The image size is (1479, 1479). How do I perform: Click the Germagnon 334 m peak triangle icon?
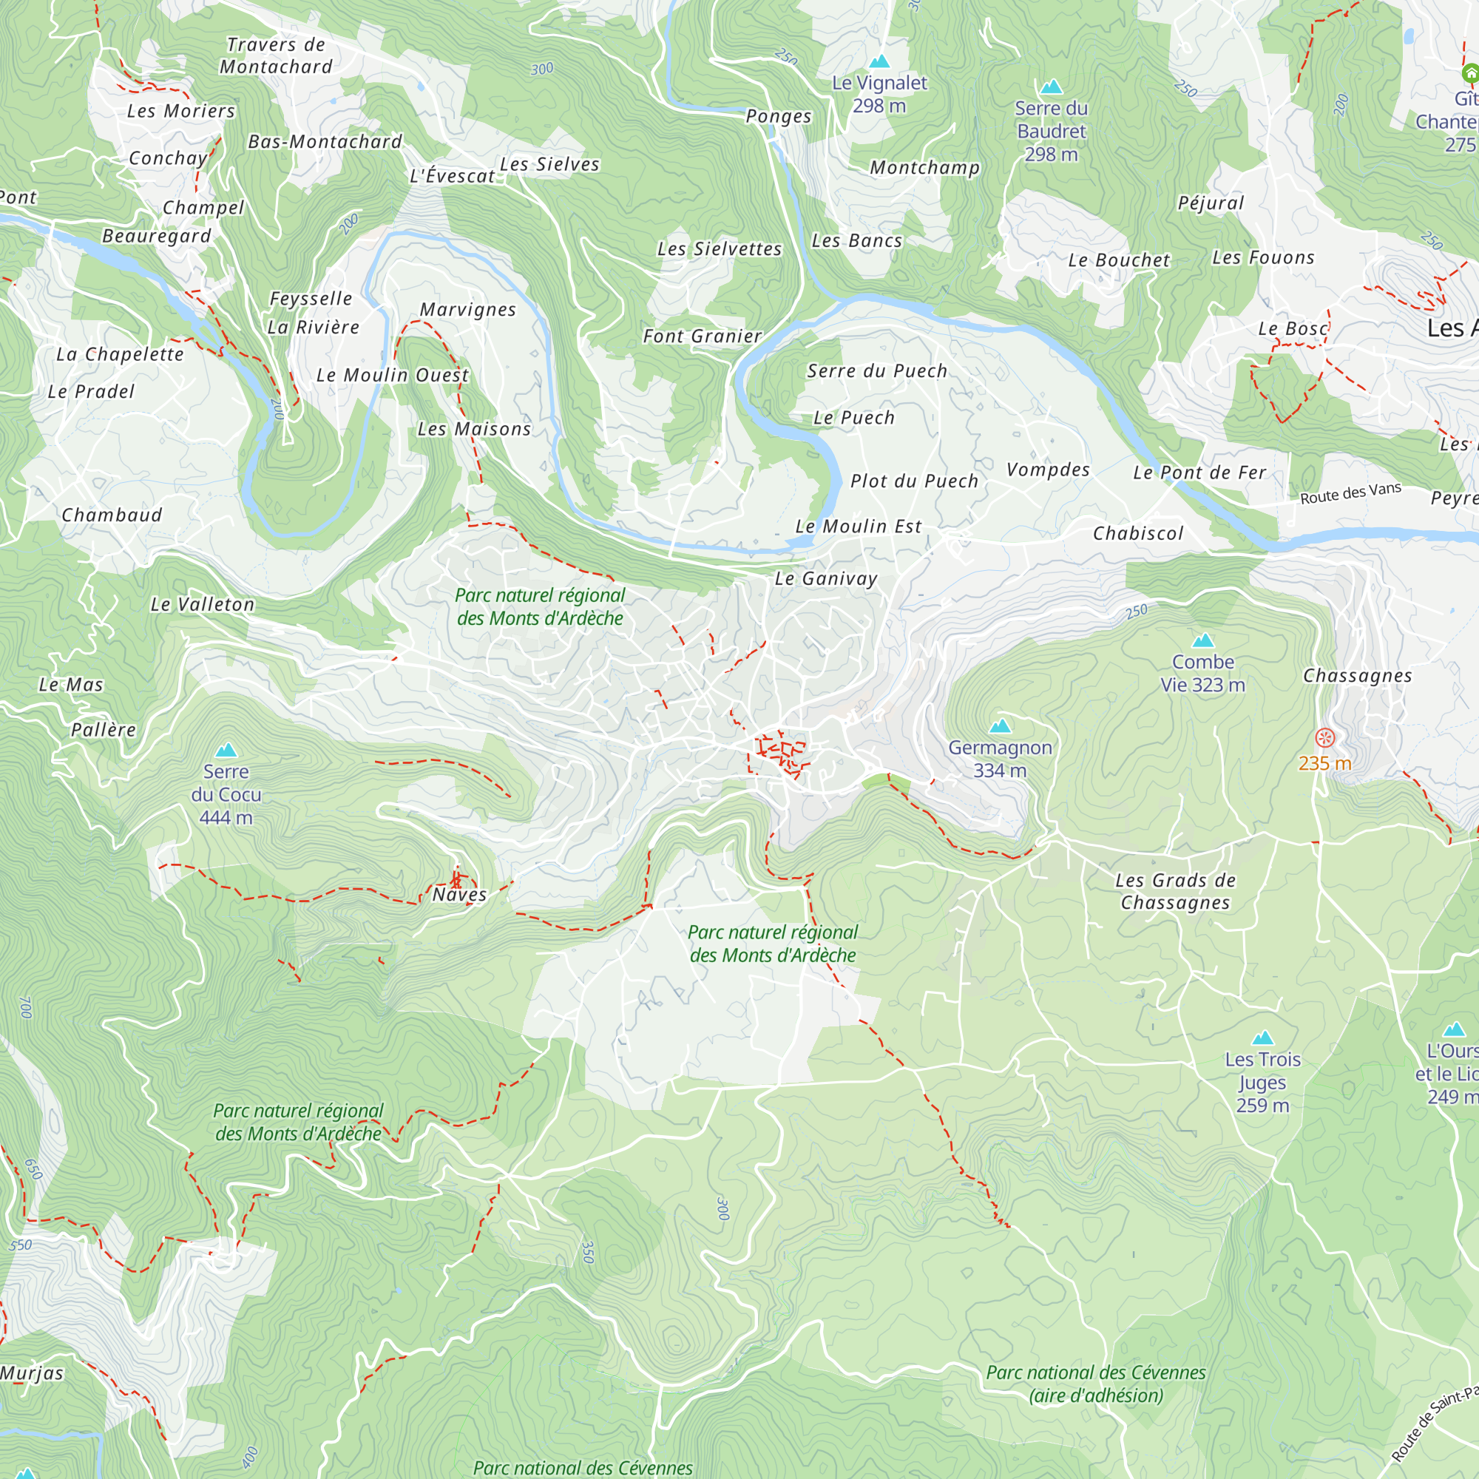coord(1000,725)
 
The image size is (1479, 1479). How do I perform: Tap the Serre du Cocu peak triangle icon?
coord(226,750)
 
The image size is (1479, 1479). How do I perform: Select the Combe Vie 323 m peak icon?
coord(1202,640)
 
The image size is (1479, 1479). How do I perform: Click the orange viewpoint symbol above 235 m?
coord(1324,738)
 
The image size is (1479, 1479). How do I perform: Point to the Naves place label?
coord(459,894)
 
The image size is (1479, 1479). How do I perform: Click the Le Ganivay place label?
coord(826,579)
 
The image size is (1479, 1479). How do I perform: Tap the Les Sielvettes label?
coord(720,248)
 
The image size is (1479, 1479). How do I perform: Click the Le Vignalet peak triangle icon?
coord(879,61)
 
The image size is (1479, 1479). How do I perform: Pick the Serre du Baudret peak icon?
coord(1051,87)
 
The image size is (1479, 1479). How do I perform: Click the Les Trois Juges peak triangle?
coord(1262,1038)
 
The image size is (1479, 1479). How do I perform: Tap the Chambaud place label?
coord(112,515)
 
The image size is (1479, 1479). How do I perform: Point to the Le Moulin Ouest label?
coord(392,375)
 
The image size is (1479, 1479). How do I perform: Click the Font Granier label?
coord(702,336)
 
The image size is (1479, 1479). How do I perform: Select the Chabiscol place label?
coord(1137,534)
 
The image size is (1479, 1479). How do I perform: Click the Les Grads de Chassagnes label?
coord(1175,891)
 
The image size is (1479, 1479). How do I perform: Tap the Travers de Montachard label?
coord(276,56)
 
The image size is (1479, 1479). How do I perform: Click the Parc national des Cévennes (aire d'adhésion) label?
coord(1095,1384)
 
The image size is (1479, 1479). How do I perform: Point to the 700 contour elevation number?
coord(27,1006)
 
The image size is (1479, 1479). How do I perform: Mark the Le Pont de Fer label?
coord(1199,473)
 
